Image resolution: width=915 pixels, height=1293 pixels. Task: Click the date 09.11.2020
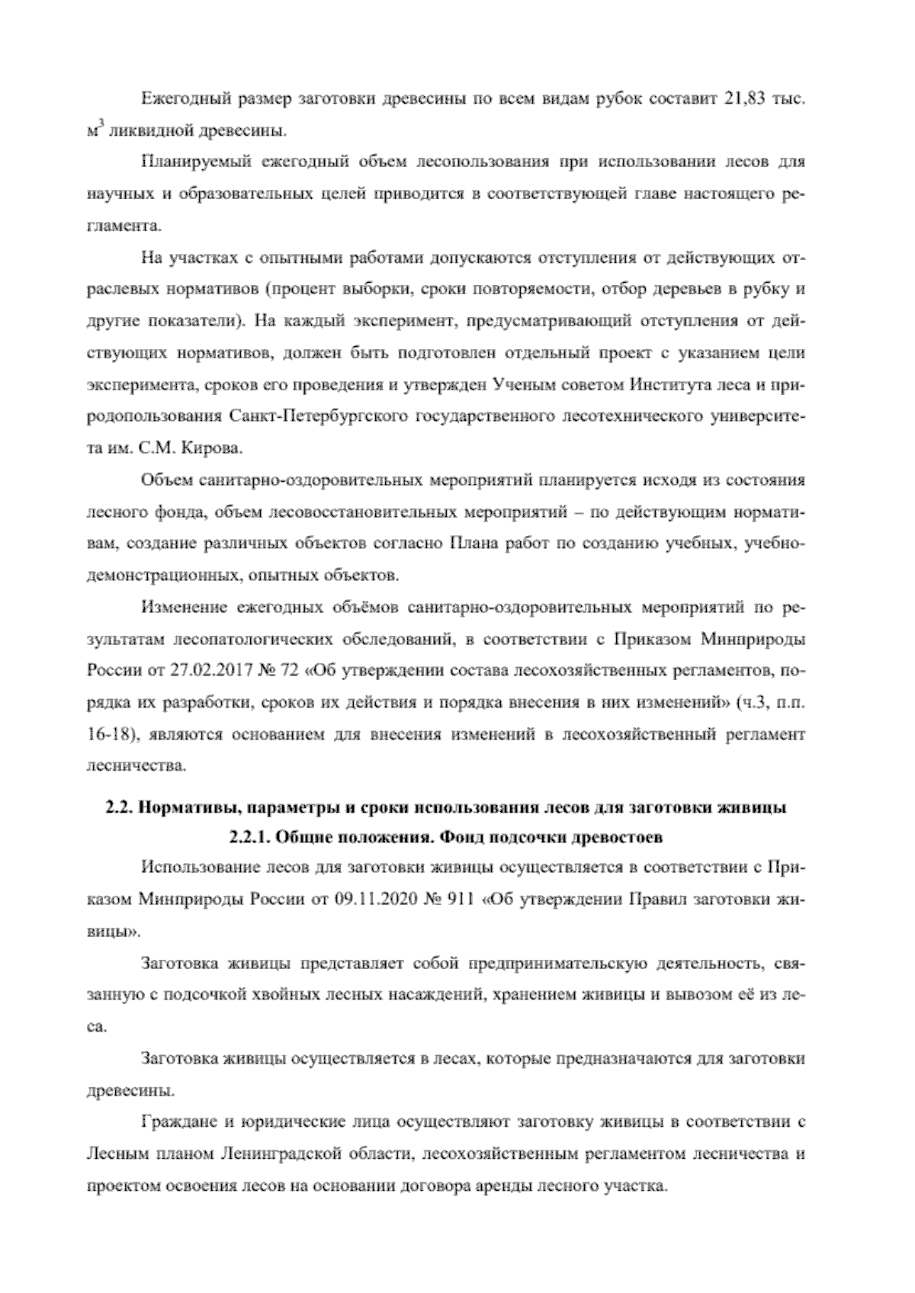point(371,899)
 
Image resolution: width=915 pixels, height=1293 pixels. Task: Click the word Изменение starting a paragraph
point(181,608)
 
